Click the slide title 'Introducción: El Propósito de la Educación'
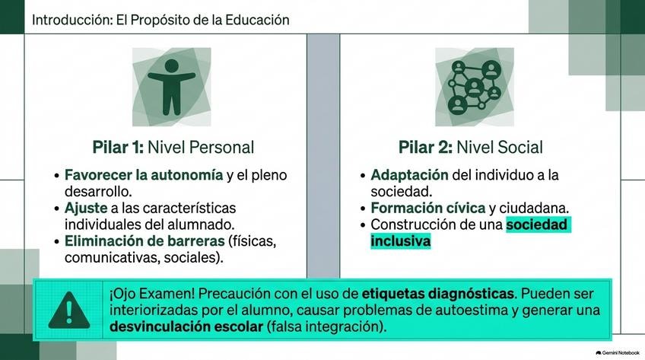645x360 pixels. tap(160, 20)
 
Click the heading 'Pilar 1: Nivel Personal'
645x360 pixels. tap(173, 148)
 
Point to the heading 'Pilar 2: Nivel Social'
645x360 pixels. tap(471, 148)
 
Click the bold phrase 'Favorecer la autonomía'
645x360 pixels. tap(144, 175)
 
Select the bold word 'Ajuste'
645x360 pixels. tap(86, 208)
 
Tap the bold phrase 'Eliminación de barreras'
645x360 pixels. tap(145, 241)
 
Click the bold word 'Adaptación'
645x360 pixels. tap(409, 175)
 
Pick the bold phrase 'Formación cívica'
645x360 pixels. tap(427, 208)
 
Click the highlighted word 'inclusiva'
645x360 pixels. tap(400, 241)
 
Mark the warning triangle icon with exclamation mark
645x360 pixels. tap(69, 311)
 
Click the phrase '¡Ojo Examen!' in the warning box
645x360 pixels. tap(152, 294)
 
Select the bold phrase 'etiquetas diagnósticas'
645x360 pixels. tap(437, 294)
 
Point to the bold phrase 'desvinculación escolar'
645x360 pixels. tap(186, 327)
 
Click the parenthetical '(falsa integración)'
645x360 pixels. tap(326, 327)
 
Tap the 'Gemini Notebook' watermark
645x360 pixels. tap(618, 352)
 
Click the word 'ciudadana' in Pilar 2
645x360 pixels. tap(534, 209)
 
